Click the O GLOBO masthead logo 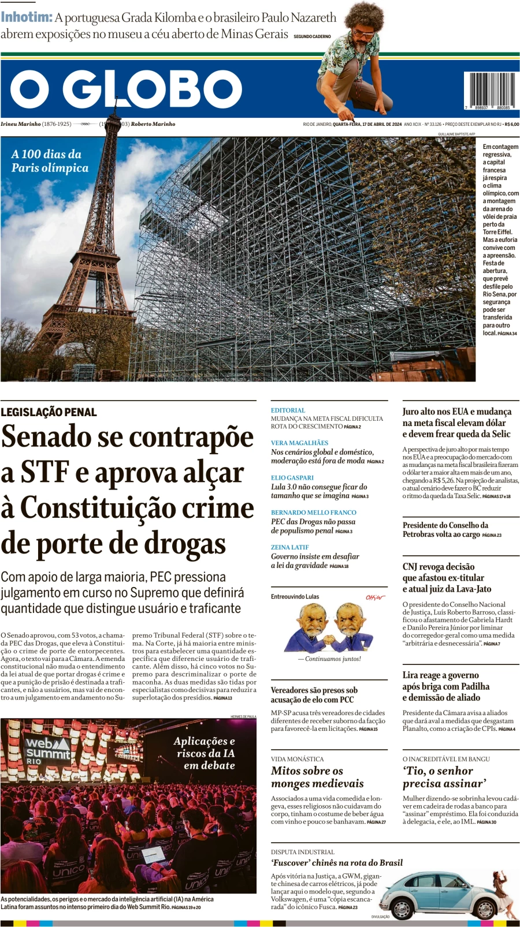coord(126,89)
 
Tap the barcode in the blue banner coord(491,89)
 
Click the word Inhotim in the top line coord(27,17)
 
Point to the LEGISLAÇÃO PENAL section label coord(49,412)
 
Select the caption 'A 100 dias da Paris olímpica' coord(50,161)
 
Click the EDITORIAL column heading coord(288,410)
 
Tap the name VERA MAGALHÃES coord(299,443)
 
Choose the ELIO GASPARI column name coord(292,478)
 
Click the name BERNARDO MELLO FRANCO coord(314,513)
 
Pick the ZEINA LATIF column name coord(290,547)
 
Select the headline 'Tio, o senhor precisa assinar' coord(444,777)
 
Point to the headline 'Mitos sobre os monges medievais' coord(317,777)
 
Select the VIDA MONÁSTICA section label coord(298,759)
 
